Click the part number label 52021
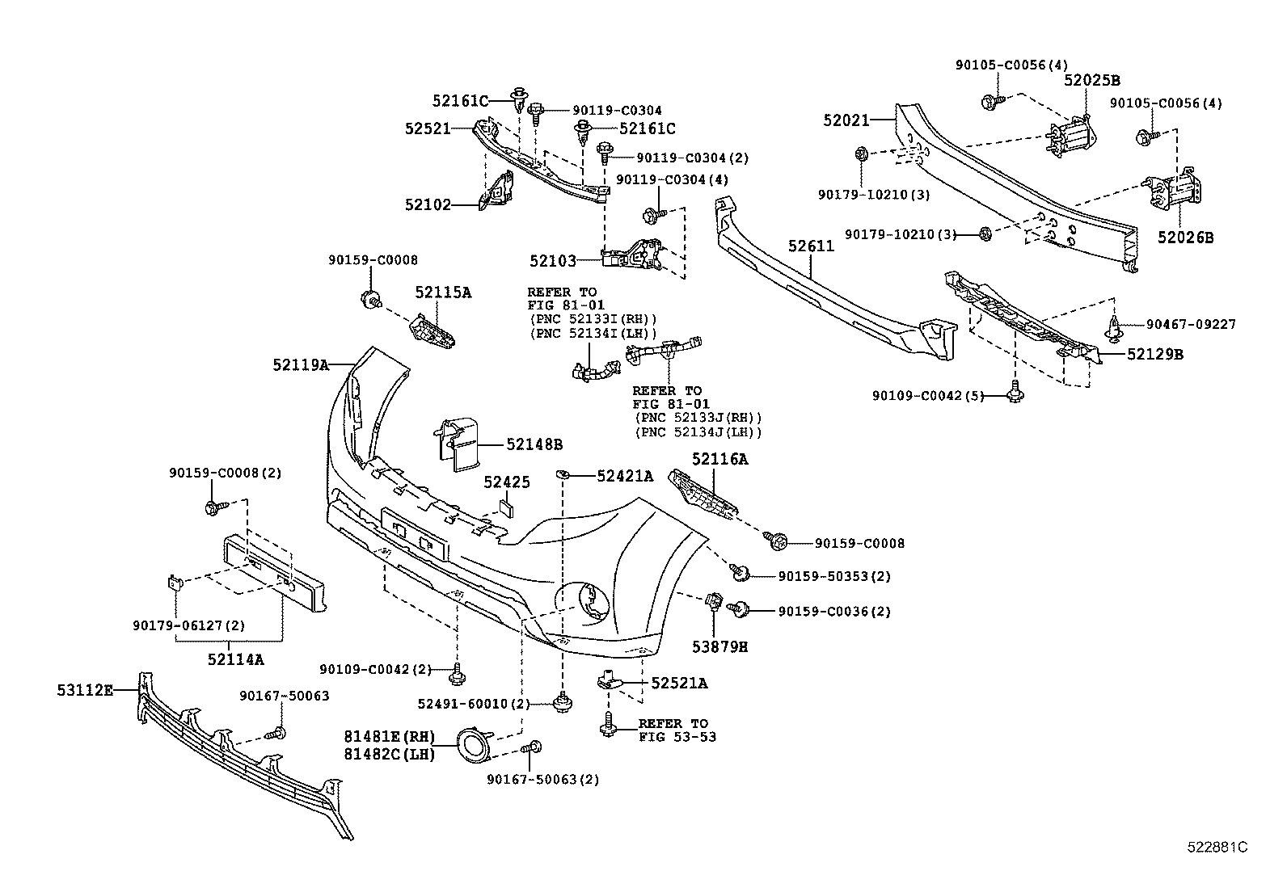pyautogui.click(x=846, y=120)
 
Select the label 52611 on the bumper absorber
pyautogui.click(x=810, y=246)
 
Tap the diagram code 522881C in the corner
pyautogui.click(x=1217, y=847)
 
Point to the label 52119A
pyautogui.click(x=300, y=365)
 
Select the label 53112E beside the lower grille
pyautogui.click(x=84, y=690)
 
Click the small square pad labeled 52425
pyautogui.click(x=506, y=508)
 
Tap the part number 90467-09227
pyautogui.click(x=1190, y=325)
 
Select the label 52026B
pyautogui.click(x=1185, y=238)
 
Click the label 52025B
pyautogui.click(x=1091, y=80)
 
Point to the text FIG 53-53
pyautogui.click(x=677, y=737)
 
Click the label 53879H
pyautogui.click(x=719, y=646)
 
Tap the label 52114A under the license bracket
pyautogui.click(x=235, y=659)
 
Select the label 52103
pyautogui.click(x=553, y=261)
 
